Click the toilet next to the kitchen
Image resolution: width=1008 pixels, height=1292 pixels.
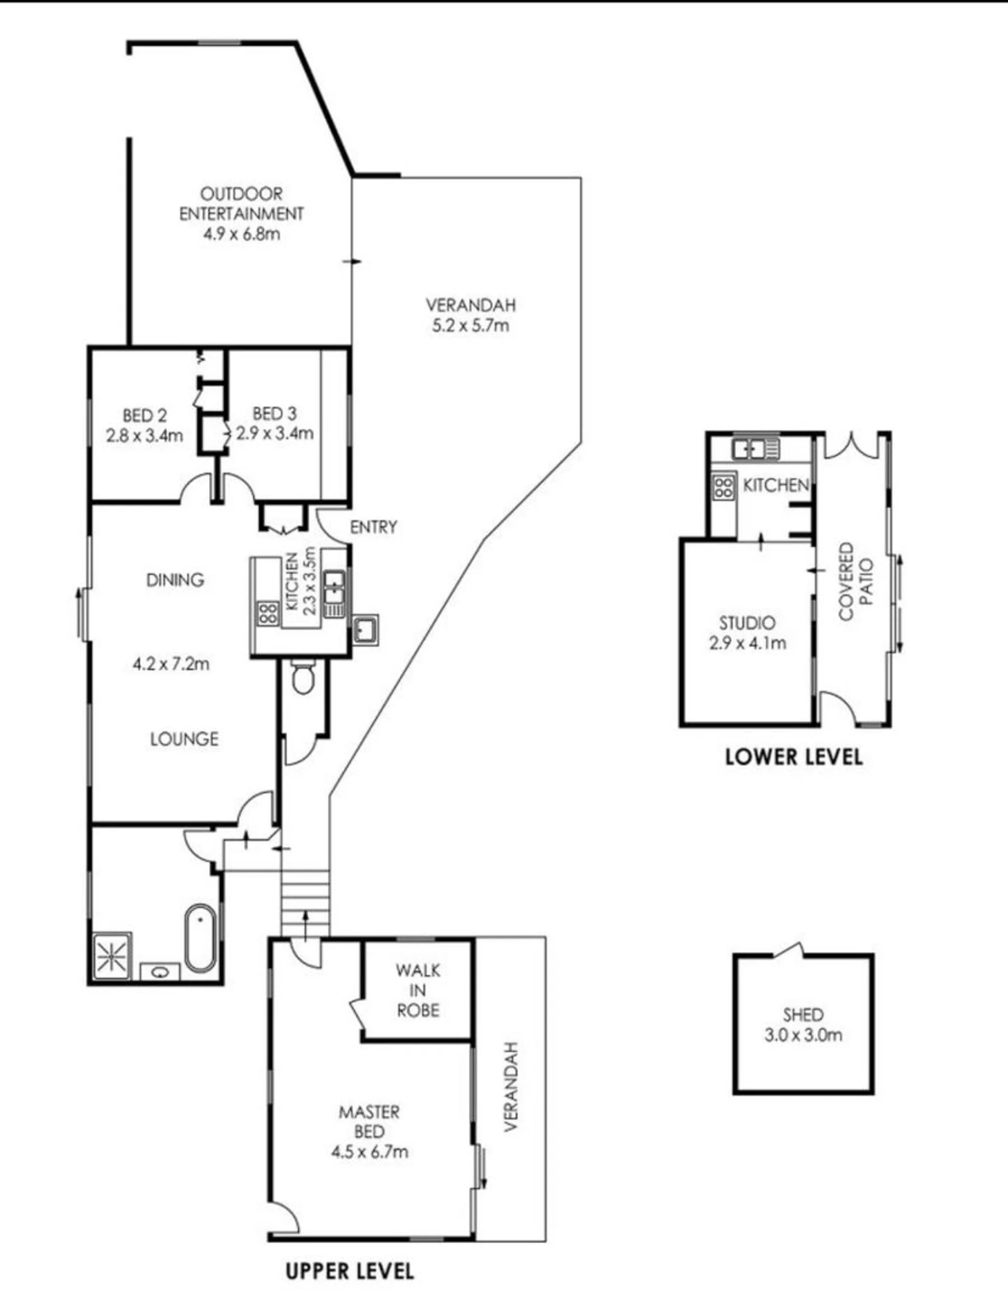[304, 677]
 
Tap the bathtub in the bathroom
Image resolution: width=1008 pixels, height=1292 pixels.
[201, 938]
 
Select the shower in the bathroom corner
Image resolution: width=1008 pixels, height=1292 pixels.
[112, 956]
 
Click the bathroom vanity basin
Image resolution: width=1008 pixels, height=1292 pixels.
[160, 972]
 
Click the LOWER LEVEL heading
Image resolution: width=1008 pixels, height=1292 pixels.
[794, 757]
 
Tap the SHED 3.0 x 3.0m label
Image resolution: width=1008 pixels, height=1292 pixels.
[803, 1025]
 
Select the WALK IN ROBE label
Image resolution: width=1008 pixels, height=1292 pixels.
[418, 990]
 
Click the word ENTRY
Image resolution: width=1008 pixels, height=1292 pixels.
[373, 527]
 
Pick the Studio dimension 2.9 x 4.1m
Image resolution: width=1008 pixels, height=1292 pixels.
[747, 643]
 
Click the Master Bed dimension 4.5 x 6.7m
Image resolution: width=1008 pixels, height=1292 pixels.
[370, 1152]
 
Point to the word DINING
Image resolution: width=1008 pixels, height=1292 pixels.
[175, 580]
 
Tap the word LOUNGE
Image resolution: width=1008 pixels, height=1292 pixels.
[184, 739]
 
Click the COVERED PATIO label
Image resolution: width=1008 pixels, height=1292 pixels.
[855, 582]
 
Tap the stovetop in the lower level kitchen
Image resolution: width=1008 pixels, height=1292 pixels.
[724, 487]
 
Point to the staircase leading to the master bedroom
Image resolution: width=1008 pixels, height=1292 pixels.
[305, 903]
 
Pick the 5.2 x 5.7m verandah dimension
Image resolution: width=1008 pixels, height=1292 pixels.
[470, 325]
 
